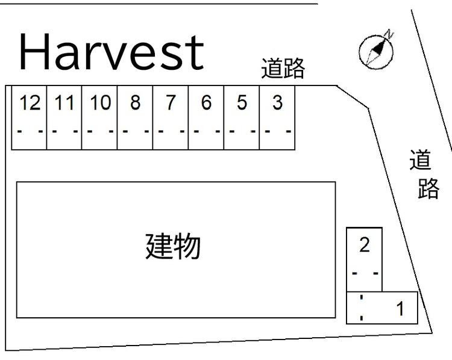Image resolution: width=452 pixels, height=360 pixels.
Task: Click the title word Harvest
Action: [x=111, y=51]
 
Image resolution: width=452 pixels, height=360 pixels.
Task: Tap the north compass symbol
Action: [x=377, y=51]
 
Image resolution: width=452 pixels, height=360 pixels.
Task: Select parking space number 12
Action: [x=29, y=117]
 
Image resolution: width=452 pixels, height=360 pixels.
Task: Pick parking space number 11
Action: [x=64, y=117]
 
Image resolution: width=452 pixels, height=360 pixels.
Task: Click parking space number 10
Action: [x=99, y=117]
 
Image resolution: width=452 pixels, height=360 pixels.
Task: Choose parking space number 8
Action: [x=135, y=117]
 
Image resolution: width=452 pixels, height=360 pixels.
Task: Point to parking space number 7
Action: [x=171, y=117]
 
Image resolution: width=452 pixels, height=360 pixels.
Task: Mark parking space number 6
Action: [x=206, y=117]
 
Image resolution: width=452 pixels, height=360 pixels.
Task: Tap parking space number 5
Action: [x=242, y=117]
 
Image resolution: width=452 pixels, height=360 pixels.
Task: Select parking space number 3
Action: [x=277, y=117]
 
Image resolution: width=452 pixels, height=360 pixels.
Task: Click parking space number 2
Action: [x=365, y=259]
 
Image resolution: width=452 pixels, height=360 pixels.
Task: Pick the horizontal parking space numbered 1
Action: [x=382, y=308]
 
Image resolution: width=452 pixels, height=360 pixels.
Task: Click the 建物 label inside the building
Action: [x=173, y=246]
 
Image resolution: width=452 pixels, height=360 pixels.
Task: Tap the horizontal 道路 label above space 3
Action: [x=283, y=68]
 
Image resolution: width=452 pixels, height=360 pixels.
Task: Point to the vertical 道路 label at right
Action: [x=424, y=174]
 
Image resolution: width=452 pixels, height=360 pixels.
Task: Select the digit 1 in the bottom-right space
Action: [x=400, y=308]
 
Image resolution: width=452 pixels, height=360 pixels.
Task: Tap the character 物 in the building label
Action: [x=187, y=246]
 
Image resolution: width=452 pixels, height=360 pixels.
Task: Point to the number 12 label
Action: [x=30, y=102]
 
